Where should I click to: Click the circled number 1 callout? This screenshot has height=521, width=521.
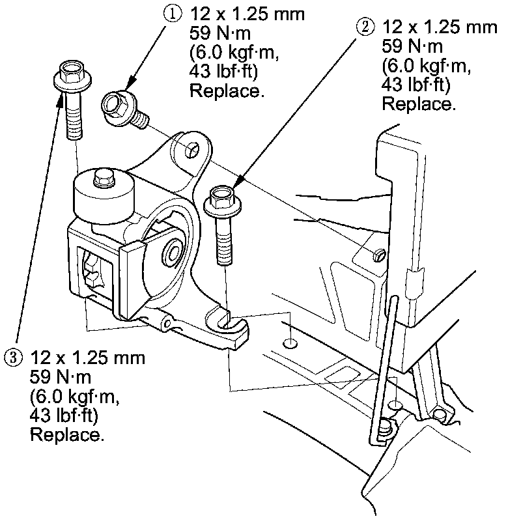(x=172, y=14)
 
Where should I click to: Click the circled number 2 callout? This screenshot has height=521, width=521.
(x=365, y=27)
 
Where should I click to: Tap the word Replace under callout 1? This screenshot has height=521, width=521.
(x=227, y=91)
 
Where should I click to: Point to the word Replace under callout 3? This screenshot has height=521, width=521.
(x=67, y=434)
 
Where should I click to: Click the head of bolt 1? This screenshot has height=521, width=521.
(x=115, y=104)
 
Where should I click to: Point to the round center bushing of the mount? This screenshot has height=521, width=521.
(x=174, y=253)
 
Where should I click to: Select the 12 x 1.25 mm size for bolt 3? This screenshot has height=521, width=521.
(x=87, y=358)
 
